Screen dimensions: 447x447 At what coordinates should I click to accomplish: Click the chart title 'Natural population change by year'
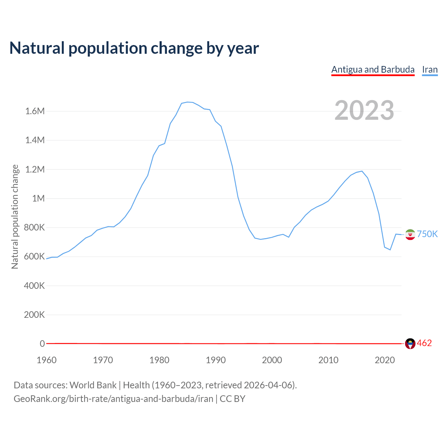click(134, 48)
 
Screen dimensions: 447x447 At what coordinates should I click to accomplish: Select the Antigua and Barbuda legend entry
click(373, 69)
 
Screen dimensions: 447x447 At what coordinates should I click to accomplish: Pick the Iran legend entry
click(430, 69)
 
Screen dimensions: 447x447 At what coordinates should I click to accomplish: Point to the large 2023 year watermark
click(364, 110)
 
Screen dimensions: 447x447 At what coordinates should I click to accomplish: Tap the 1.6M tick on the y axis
click(35, 111)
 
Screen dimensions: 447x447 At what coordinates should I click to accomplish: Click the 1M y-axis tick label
click(38, 198)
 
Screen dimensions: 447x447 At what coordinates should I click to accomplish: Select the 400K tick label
click(35, 286)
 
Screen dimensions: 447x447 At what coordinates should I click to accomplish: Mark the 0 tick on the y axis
click(42, 344)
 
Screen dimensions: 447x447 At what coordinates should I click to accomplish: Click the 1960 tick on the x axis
click(46, 360)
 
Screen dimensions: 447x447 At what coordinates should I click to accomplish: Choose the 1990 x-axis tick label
click(216, 360)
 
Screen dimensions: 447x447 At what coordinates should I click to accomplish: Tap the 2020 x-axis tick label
click(385, 360)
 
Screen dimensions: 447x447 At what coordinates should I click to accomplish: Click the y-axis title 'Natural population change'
click(15, 217)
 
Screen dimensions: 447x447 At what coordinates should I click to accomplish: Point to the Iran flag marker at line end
click(410, 234)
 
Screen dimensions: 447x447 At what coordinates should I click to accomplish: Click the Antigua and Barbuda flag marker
click(410, 344)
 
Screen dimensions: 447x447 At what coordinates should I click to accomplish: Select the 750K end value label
click(427, 234)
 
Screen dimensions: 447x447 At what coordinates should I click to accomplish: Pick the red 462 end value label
click(424, 343)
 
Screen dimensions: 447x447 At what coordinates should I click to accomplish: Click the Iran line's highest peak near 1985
click(188, 102)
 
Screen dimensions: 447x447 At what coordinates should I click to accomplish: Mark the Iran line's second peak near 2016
click(362, 171)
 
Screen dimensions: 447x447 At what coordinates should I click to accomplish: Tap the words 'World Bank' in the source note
click(93, 385)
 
